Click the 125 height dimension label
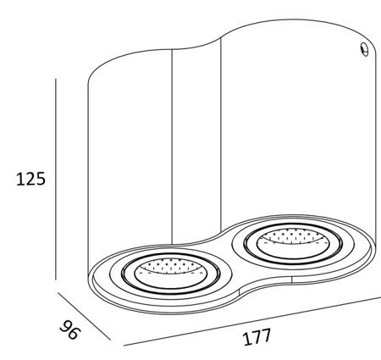(x=30, y=179)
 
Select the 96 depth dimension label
(x=69, y=330)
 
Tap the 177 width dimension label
(x=257, y=337)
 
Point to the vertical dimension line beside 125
(x=56, y=179)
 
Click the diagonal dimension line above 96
(x=84, y=317)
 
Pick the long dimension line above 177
(x=252, y=321)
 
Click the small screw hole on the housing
(x=365, y=49)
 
